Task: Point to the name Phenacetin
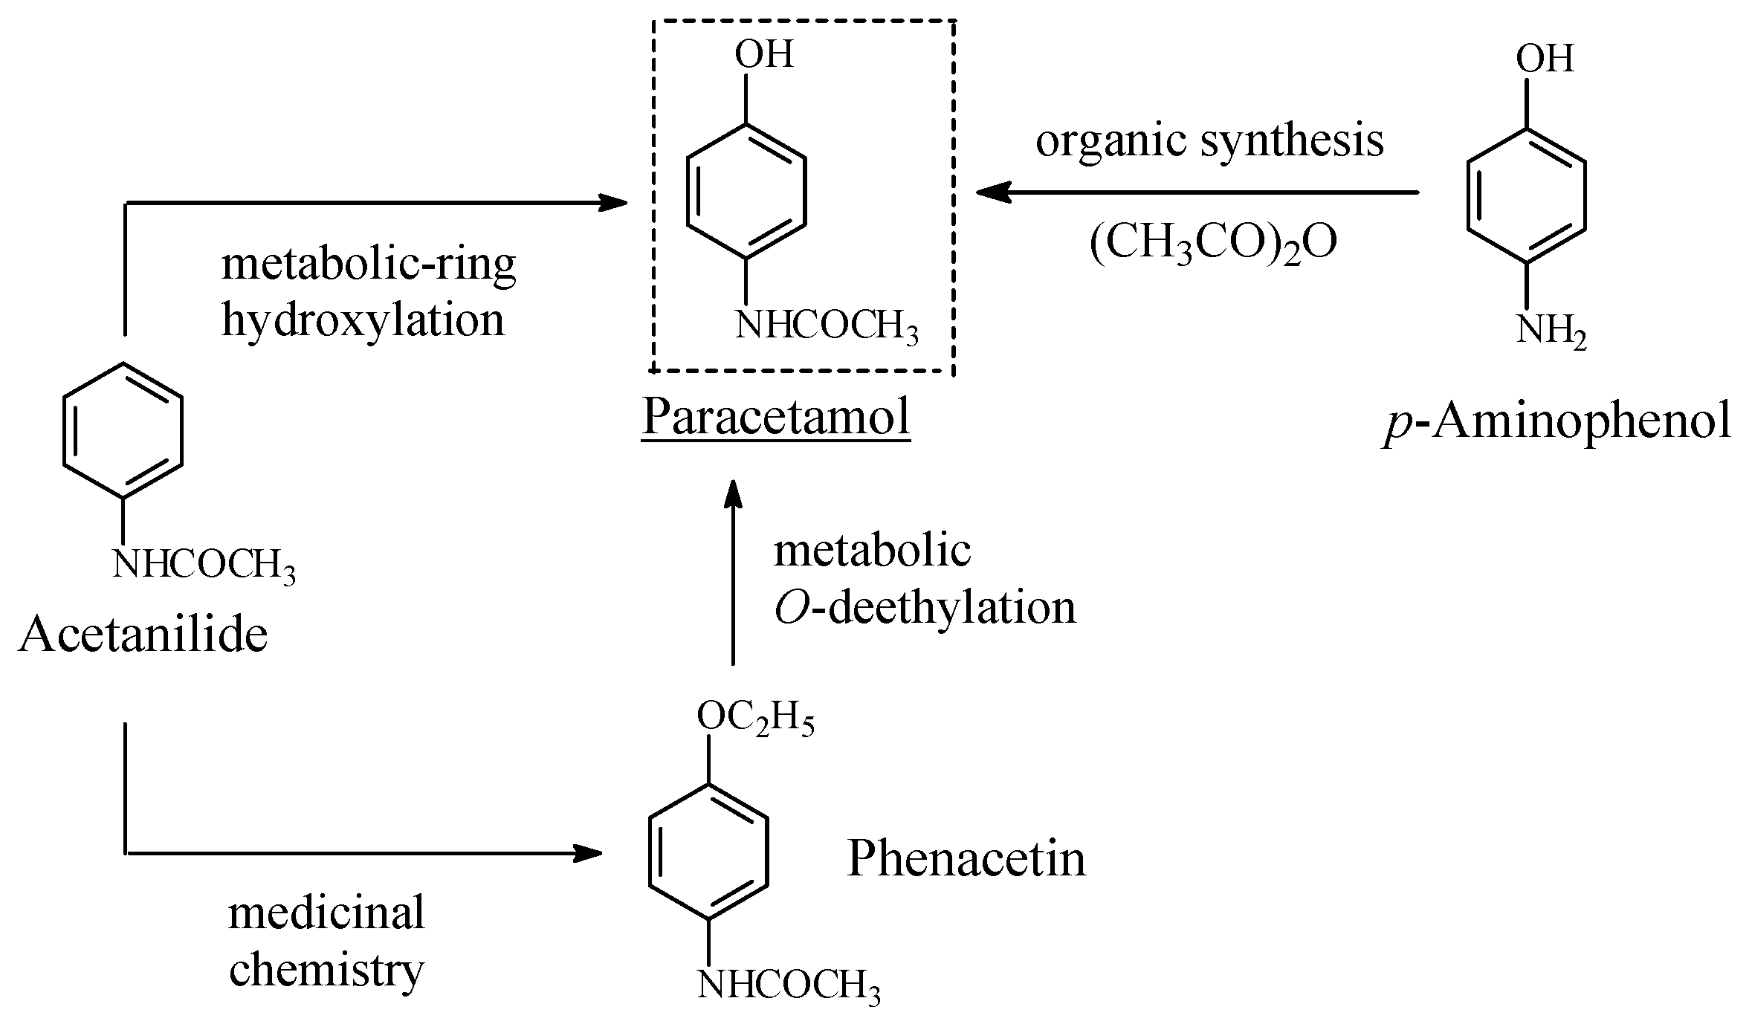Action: [966, 858]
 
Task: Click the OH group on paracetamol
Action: [763, 54]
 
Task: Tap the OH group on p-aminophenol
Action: [1545, 59]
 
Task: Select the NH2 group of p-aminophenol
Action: [1551, 331]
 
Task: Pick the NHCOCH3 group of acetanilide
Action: [203, 566]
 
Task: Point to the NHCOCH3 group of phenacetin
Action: [788, 986]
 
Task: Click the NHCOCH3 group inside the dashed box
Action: [826, 326]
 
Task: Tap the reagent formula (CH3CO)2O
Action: [1212, 243]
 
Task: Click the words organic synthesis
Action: [1209, 140]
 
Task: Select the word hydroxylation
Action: [363, 321]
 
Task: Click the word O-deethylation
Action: [924, 608]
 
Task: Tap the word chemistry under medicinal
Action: [326, 970]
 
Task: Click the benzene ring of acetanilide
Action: [123, 430]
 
